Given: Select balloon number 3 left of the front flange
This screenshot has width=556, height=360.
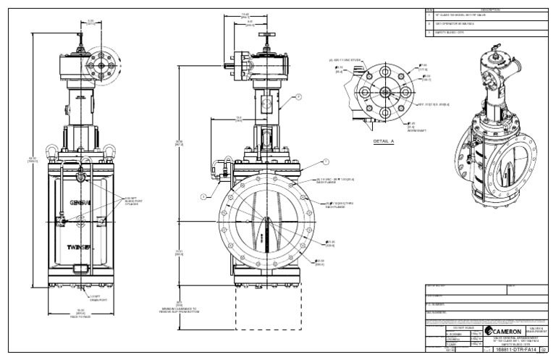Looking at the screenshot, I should tap(205, 196).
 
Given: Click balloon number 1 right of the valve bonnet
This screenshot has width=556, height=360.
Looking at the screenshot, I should tap(327, 161).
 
